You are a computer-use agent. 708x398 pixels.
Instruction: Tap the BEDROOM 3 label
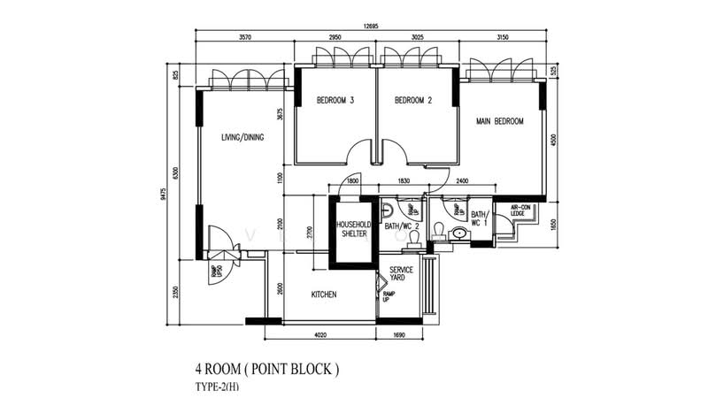pos(335,101)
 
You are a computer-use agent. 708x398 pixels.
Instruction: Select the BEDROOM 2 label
pos(412,101)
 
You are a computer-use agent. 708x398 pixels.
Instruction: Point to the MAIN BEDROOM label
pos(499,121)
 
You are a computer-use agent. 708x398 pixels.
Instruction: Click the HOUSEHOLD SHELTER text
pos(351,229)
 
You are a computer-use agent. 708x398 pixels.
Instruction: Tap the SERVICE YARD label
pos(397,274)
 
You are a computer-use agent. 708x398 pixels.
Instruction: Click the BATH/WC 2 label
pos(403,226)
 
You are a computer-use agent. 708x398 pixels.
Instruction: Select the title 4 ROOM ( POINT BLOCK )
pos(266,366)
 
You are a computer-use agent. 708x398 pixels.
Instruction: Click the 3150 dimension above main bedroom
pos(504,38)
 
